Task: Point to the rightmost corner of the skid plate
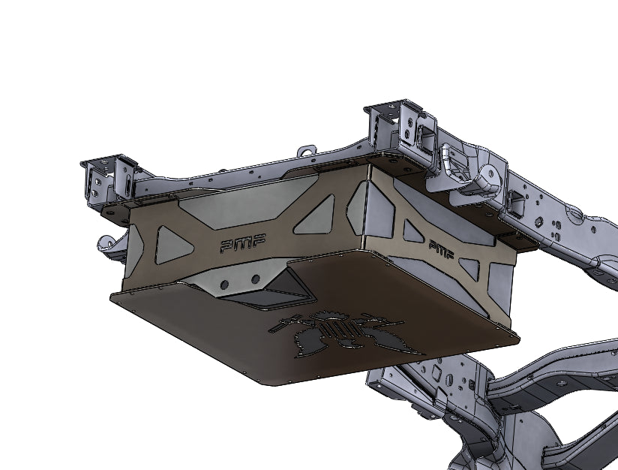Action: click(x=517, y=338)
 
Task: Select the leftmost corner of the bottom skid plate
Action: click(x=112, y=295)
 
